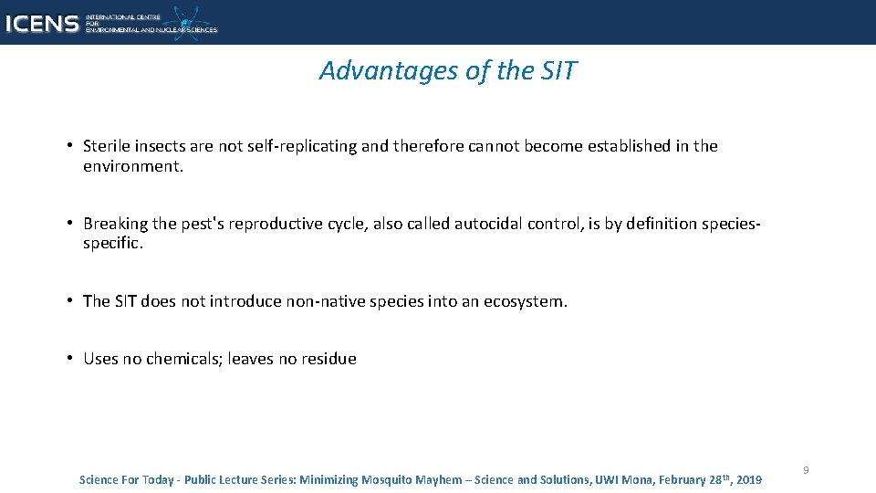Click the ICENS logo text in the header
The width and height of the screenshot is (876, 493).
(x=42, y=24)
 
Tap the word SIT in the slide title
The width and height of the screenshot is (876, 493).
(x=557, y=71)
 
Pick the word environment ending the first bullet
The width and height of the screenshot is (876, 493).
(x=131, y=167)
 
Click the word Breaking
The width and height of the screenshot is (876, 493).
(x=115, y=224)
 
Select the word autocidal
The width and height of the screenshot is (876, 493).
(x=486, y=224)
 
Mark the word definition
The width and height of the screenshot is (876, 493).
(x=652, y=224)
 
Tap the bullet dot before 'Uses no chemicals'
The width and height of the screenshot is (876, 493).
(x=69, y=359)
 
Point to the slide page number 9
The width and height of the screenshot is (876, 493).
(x=806, y=470)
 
